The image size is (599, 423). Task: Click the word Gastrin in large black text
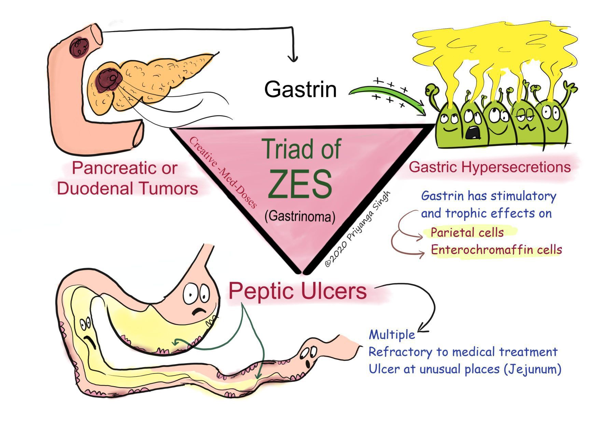(300, 89)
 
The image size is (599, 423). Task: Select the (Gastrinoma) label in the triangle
(300, 217)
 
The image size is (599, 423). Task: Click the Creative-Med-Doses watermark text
(222, 172)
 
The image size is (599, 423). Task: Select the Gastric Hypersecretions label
(490, 167)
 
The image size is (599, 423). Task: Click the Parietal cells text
(467, 233)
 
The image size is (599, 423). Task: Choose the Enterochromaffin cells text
(496, 250)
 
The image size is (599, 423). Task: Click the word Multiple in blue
(392, 335)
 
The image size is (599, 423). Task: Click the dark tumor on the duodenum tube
(79, 46)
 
